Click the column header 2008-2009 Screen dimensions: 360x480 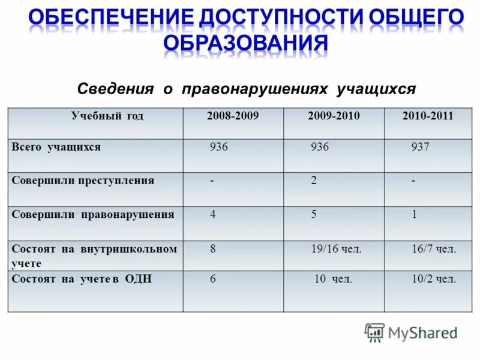(x=233, y=116)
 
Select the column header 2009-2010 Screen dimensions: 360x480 (x=334, y=116)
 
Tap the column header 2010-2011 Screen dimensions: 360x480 (x=428, y=116)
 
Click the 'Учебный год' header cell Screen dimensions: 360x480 (x=107, y=116)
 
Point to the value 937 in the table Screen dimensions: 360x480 (x=420, y=147)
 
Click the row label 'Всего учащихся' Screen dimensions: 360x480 (x=56, y=147)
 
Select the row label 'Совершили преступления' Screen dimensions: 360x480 (x=83, y=181)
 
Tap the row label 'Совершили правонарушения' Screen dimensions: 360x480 (x=93, y=214)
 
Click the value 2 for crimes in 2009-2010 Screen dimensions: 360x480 (x=313, y=181)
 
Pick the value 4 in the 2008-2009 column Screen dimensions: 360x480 (x=213, y=214)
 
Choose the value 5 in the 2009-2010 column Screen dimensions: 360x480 (x=313, y=214)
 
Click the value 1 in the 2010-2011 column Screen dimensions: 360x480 (x=414, y=214)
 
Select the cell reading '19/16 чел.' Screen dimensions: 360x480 (x=336, y=248)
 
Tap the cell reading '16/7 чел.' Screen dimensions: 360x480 (x=434, y=248)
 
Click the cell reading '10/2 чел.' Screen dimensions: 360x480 (x=434, y=279)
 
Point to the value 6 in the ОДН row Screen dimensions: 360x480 (x=213, y=279)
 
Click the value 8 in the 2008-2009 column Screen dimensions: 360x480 (x=213, y=248)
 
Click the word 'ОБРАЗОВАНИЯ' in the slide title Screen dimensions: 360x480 (x=246, y=43)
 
